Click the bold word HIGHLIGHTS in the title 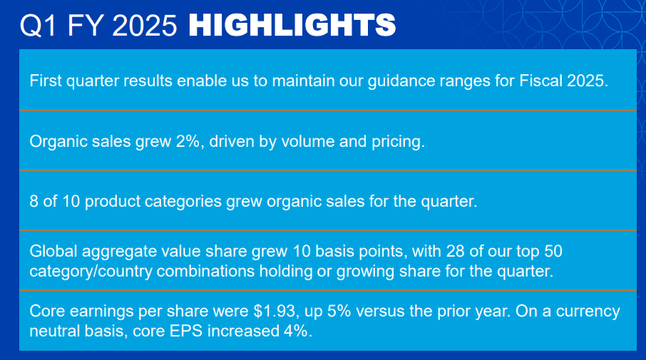[292, 26]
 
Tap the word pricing [399, 141]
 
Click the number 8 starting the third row [34, 201]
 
